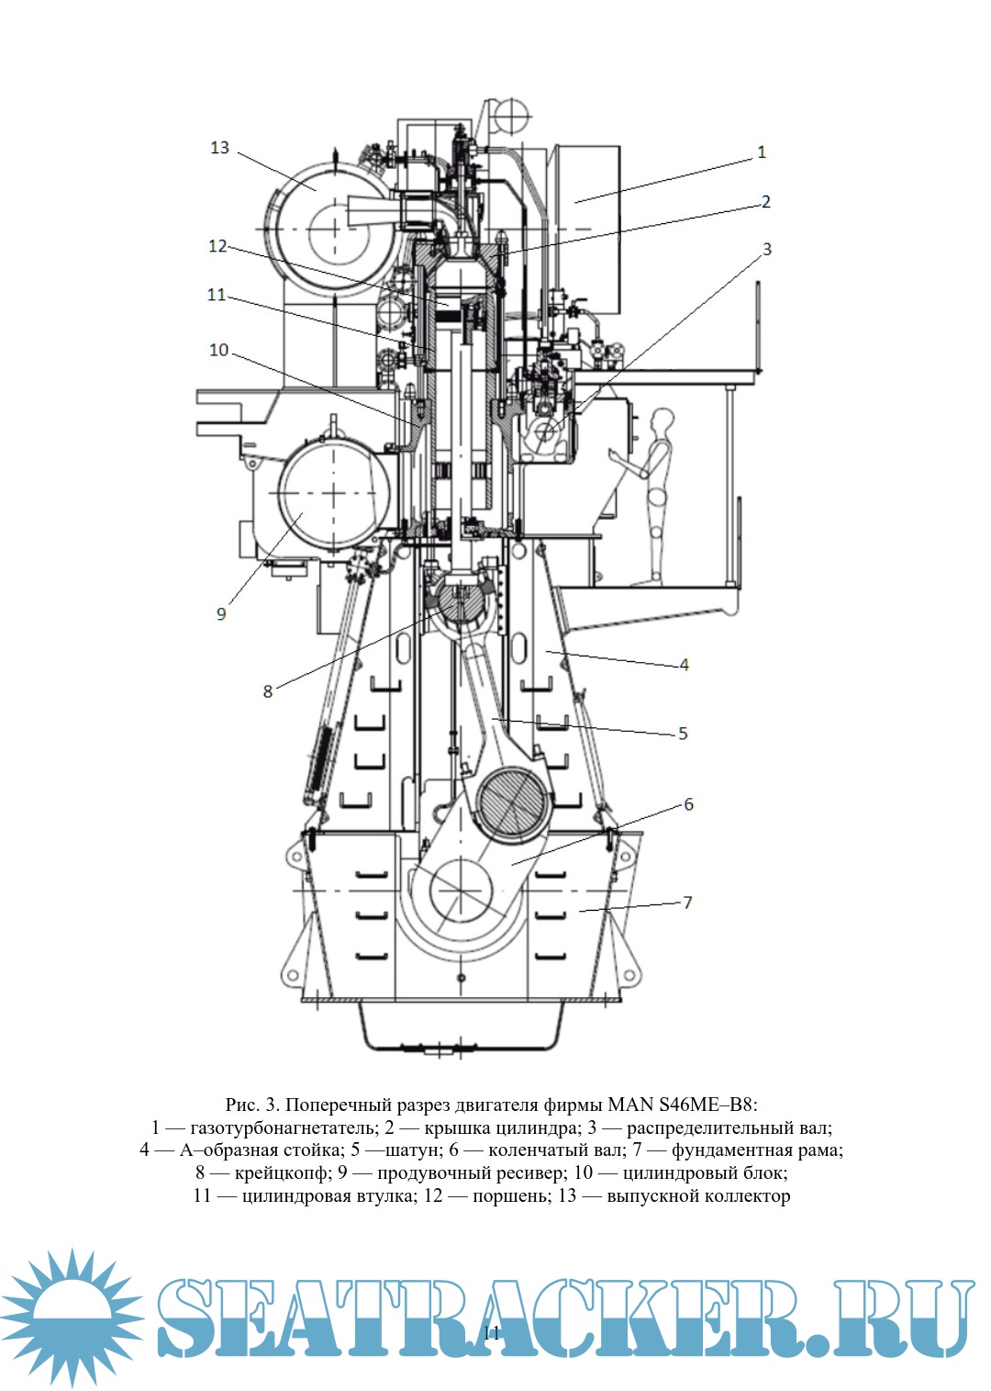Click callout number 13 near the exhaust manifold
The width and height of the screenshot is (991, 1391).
(x=219, y=148)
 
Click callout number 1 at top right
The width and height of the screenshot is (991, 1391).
(x=761, y=152)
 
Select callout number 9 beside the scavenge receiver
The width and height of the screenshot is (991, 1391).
(x=221, y=613)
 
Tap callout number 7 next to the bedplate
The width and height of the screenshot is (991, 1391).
(x=687, y=903)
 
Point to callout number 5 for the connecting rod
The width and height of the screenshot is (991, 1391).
(x=683, y=734)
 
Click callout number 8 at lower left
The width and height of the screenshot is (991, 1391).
(x=268, y=691)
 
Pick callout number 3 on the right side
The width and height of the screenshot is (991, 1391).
(x=767, y=249)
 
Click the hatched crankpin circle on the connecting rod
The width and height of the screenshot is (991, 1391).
(x=512, y=803)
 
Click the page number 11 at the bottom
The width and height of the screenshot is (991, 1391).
(x=492, y=1333)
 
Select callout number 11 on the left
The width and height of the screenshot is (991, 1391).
(x=217, y=295)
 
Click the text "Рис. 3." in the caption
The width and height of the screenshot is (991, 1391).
(x=252, y=1105)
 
